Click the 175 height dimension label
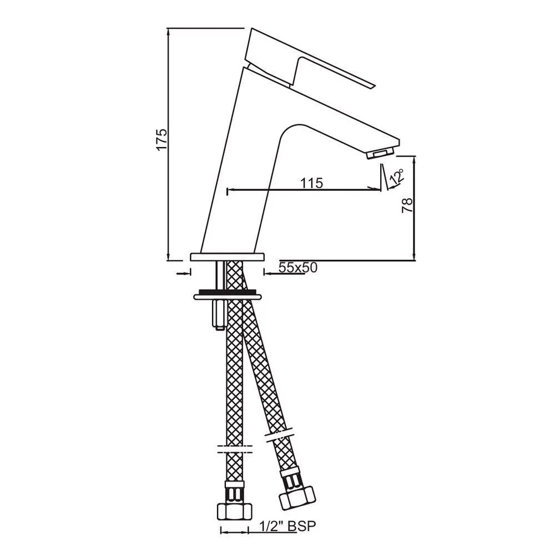[x=162, y=140]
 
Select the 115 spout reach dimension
[x=311, y=183]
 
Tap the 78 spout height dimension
[x=407, y=206]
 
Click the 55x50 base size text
[x=297, y=268]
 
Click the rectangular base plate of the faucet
[x=228, y=257]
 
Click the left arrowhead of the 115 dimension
[x=230, y=190]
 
